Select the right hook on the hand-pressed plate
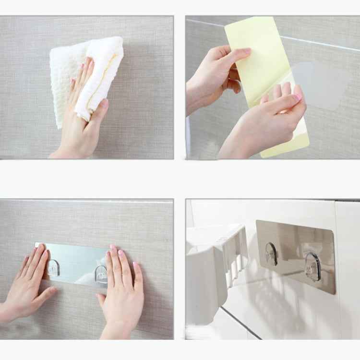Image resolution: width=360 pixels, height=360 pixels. click(x=101, y=274)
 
